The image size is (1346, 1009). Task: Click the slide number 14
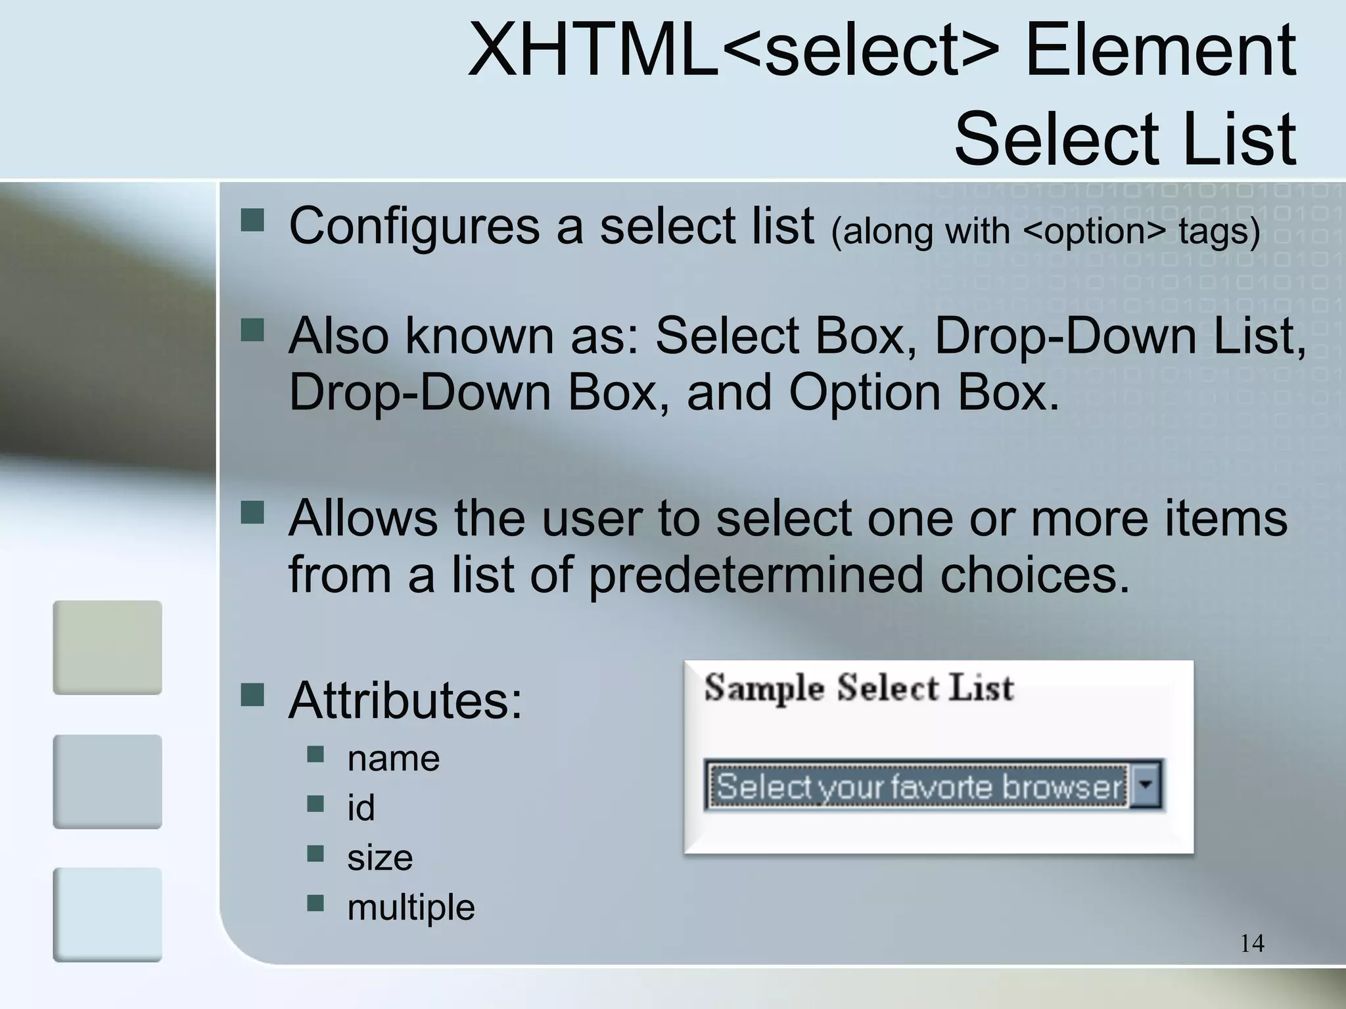(x=1252, y=943)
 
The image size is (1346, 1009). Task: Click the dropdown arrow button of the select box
(x=1146, y=785)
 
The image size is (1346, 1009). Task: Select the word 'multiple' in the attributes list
(x=411, y=907)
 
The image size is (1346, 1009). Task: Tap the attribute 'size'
(x=380, y=858)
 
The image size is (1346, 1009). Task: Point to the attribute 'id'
(x=361, y=808)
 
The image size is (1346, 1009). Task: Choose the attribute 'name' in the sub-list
(x=393, y=759)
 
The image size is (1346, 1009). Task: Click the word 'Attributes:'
(x=405, y=701)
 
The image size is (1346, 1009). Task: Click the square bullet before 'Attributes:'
(x=252, y=694)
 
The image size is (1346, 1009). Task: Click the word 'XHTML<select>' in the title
(x=733, y=51)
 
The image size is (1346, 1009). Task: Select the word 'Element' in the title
(x=1160, y=51)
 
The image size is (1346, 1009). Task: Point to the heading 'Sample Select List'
(x=858, y=688)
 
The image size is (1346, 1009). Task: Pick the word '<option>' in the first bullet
(x=1094, y=231)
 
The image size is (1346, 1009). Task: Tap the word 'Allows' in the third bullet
(x=362, y=518)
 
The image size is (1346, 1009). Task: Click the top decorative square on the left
(x=107, y=647)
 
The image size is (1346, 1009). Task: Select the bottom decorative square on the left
(x=107, y=914)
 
